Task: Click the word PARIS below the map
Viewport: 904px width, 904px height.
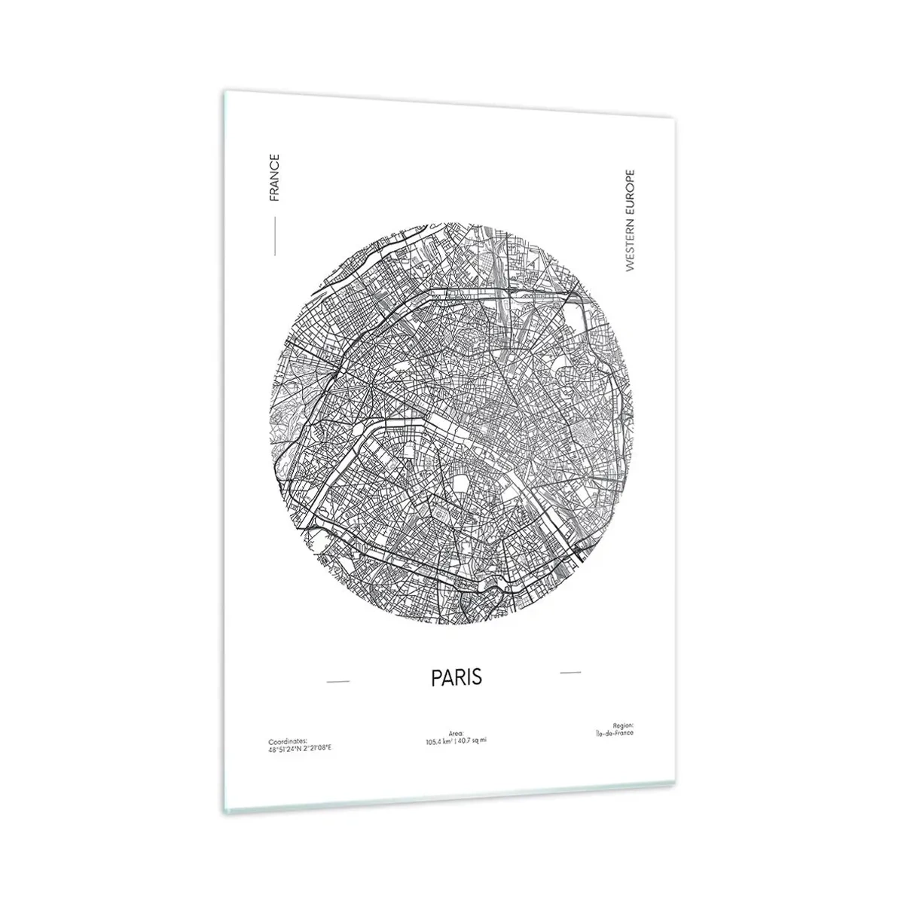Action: coord(456,676)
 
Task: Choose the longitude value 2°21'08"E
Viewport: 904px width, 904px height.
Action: coord(314,748)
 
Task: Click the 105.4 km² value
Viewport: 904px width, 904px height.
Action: coord(441,741)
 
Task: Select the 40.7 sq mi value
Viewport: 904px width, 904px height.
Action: coord(474,741)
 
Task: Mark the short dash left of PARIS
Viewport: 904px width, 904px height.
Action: coord(338,682)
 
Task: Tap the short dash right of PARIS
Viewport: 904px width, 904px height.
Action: coord(571,670)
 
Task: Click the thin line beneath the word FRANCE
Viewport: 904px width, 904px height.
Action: coord(275,236)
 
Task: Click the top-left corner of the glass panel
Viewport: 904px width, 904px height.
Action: coord(224,93)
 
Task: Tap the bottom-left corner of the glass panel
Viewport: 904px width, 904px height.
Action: coord(224,812)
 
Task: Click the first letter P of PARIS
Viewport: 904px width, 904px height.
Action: coord(436,676)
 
